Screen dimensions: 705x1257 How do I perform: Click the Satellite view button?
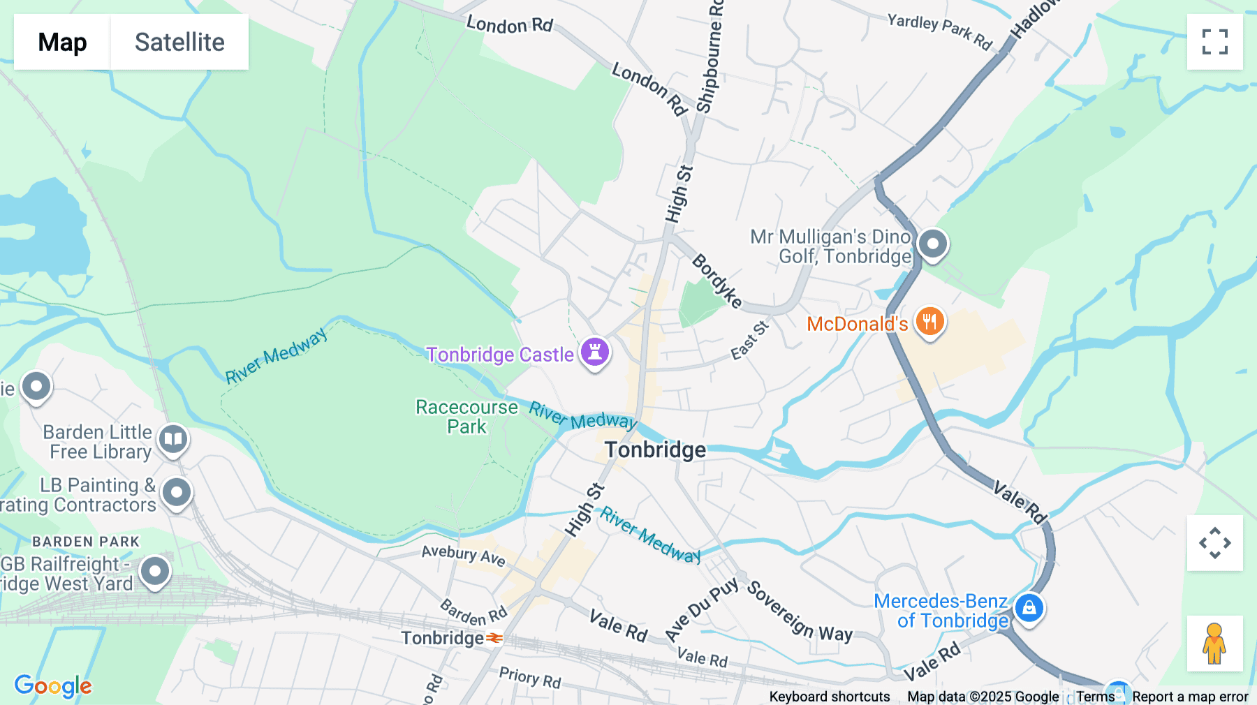click(179, 42)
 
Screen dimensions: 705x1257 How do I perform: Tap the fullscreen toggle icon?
click(1214, 42)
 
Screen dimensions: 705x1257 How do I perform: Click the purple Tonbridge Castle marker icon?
click(595, 352)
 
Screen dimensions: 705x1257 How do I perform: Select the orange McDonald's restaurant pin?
click(929, 322)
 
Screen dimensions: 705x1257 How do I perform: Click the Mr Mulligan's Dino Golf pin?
click(932, 244)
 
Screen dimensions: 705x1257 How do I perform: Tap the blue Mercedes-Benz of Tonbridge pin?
click(1029, 608)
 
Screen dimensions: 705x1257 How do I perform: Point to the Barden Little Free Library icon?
click(173, 440)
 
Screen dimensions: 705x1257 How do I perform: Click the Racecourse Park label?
click(466, 417)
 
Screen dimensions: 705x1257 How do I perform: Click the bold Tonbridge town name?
click(655, 450)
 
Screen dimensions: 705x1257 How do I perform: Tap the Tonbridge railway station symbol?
click(495, 638)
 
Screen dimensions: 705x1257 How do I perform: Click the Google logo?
click(53, 686)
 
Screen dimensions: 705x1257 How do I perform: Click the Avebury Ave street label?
click(463, 555)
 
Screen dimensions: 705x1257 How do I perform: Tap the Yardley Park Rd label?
click(939, 31)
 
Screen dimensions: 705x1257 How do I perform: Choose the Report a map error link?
click(1190, 697)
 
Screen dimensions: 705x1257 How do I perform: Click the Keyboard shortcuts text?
click(829, 697)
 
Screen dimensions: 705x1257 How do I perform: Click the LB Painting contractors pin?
click(177, 493)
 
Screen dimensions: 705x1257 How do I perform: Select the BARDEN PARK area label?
click(86, 542)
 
